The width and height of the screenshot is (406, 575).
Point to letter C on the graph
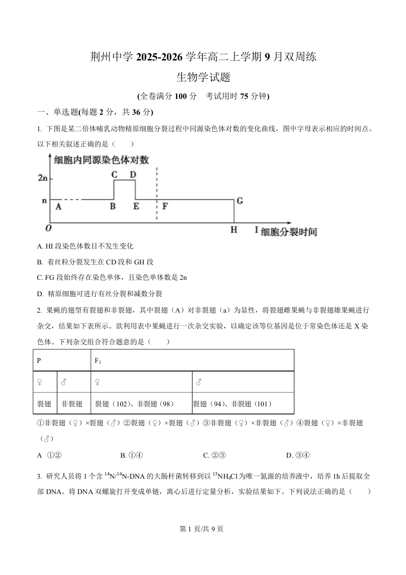coord(115,174)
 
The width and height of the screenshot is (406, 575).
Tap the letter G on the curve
coord(240,201)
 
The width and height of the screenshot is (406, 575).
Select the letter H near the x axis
coord(233,230)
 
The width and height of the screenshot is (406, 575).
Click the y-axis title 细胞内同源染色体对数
coord(101,160)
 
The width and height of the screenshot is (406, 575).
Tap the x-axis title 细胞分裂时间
coord(288,232)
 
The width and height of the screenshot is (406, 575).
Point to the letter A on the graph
coord(58,207)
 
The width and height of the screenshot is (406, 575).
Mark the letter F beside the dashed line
coord(164,207)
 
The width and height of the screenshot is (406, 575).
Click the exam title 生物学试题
coord(203,78)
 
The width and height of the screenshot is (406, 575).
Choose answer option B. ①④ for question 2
coord(131,455)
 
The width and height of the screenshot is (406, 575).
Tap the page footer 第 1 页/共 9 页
coord(203,529)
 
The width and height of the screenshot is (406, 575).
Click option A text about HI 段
coord(86,247)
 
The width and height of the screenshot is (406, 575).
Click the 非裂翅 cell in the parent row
coord(72,404)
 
